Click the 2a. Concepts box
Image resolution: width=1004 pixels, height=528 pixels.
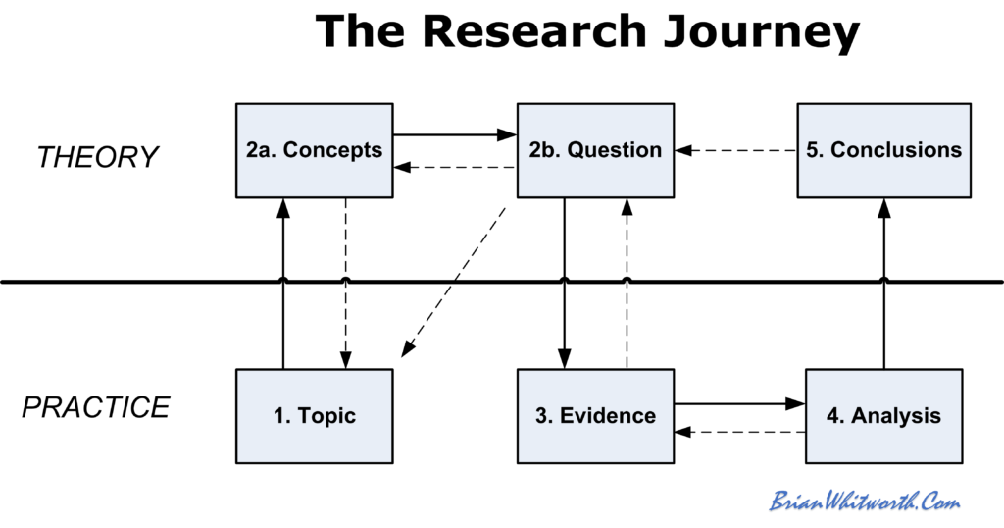(314, 149)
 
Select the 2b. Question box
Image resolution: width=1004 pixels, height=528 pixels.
(595, 149)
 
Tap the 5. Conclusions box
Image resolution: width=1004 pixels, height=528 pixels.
(883, 149)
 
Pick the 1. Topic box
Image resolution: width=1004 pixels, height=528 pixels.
(314, 415)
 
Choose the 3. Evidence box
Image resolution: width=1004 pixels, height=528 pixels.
(595, 415)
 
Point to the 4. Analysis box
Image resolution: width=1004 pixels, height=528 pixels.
(883, 415)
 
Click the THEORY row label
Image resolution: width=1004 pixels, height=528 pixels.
(97, 157)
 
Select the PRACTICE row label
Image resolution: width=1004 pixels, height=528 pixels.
(96, 406)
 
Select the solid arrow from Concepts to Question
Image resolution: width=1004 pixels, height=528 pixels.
(454, 134)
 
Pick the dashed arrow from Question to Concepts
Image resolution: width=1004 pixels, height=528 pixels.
(454, 167)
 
